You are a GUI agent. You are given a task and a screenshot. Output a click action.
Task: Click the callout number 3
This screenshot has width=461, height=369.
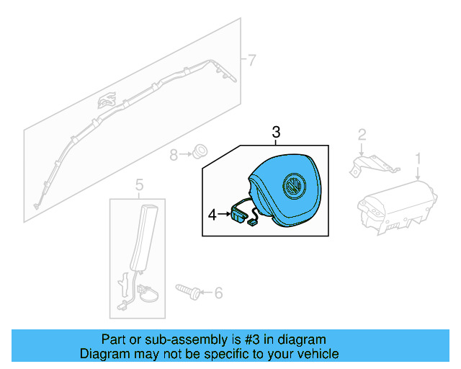276,133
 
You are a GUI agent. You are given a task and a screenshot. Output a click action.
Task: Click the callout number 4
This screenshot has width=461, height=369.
212,214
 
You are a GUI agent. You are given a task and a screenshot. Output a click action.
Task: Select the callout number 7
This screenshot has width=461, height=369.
251,59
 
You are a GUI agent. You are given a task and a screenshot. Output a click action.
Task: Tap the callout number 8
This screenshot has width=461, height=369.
174,154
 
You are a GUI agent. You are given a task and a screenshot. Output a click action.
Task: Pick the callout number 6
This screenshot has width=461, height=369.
218,293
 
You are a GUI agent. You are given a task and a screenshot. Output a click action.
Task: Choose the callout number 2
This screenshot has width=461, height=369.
362,134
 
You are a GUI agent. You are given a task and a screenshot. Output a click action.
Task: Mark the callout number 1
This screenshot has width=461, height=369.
418,157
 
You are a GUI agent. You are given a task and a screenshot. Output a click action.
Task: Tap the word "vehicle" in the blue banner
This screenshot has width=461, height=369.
318,354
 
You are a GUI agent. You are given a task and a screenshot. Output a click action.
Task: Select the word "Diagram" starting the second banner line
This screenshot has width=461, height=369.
103,354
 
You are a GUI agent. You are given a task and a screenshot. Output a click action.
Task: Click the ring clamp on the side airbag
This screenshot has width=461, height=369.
146,293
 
